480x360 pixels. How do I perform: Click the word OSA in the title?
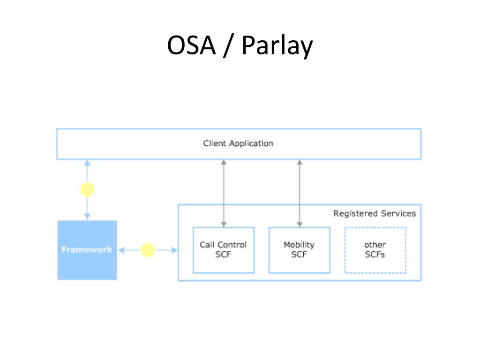[191, 45]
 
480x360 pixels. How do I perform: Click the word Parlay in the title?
[277, 46]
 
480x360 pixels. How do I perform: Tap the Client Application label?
[238, 143]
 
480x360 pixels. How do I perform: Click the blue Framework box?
[87, 250]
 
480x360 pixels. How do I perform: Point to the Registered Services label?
[375, 213]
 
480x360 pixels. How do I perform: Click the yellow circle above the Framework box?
[87, 189]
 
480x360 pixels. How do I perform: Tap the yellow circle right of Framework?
[148, 250]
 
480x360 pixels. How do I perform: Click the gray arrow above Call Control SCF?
[224, 193]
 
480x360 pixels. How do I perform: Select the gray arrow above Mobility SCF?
[300, 193]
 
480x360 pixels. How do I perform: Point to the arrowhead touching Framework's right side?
[121, 250]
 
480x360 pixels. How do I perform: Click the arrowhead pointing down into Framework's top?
[87, 217]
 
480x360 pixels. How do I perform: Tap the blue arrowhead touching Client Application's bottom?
[87, 163]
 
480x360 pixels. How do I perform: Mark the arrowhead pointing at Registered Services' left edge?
[174, 250]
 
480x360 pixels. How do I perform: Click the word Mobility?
[299, 245]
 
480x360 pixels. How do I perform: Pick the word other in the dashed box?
[375, 245]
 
